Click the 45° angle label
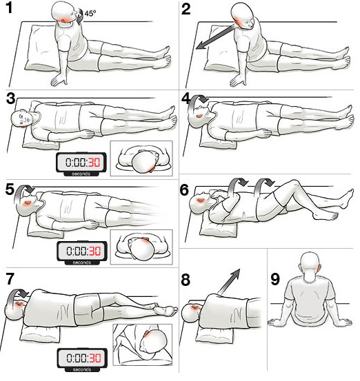(90, 13)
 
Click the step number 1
(9, 8)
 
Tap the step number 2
(186, 9)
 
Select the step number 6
(184, 190)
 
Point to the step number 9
(275, 280)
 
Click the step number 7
(10, 279)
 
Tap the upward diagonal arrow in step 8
(228, 281)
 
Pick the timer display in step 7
(82, 360)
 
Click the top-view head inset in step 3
(141, 158)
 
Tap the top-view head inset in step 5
(141, 247)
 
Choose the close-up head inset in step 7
(143, 344)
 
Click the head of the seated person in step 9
(310, 265)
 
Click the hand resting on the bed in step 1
(59, 79)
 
